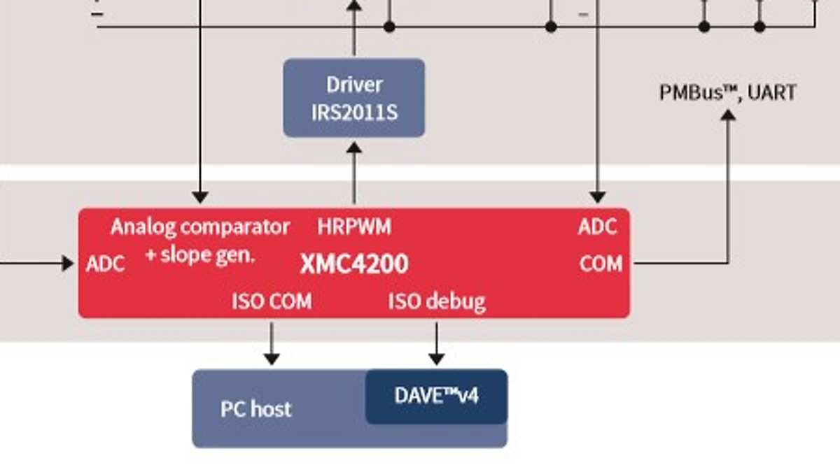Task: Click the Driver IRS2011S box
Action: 353,97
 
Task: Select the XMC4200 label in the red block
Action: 354,264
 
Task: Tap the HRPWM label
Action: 354,227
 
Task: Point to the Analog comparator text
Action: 200,227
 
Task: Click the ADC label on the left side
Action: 106,264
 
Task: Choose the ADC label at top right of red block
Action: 597,227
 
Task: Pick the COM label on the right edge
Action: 601,264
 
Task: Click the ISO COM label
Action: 272,301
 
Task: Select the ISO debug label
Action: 437,301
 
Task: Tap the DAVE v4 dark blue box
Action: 436,396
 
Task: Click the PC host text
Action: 255,409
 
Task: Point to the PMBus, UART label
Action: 727,92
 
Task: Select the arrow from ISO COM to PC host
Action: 272,343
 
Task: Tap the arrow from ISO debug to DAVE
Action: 437,343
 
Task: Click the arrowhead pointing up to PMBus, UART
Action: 728,115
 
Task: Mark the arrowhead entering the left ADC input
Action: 68,264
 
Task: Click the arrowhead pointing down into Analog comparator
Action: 200,197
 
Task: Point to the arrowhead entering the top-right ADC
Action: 597,197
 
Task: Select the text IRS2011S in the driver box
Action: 354,112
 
